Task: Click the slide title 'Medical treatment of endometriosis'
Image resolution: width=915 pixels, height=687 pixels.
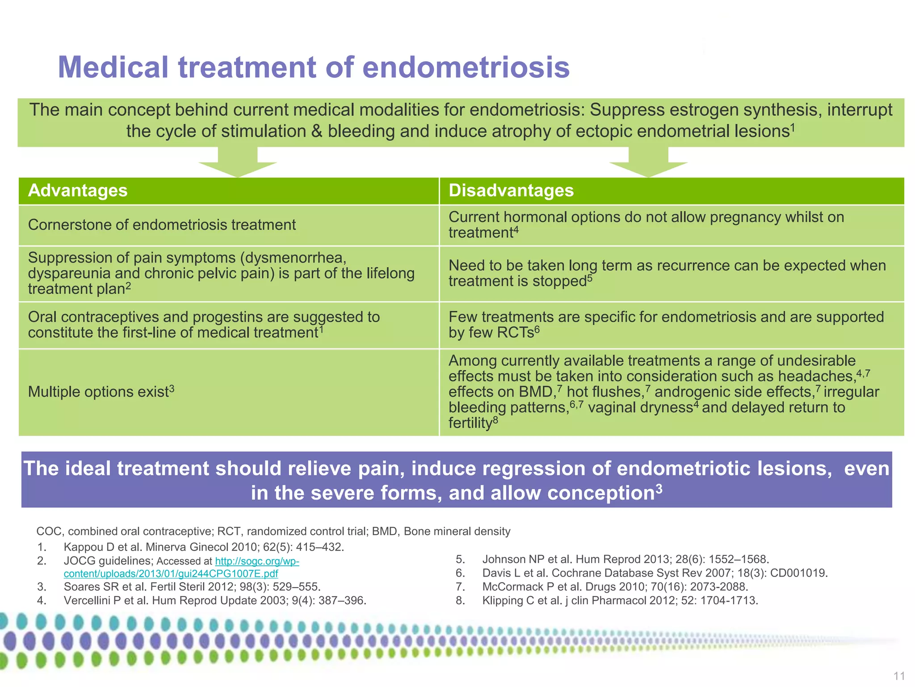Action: tap(314, 67)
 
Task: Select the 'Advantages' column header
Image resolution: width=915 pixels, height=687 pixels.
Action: tap(78, 191)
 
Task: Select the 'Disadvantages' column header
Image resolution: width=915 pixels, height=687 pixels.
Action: tap(511, 191)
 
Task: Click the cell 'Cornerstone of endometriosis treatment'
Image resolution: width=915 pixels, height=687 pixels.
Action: tap(162, 225)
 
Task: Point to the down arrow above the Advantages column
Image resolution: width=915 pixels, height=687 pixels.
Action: tap(238, 164)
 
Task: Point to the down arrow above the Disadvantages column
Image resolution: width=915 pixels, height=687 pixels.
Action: tap(648, 164)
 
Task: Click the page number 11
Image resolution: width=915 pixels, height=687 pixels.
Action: tap(899, 676)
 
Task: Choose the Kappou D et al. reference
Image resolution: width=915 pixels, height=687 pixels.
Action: tap(204, 547)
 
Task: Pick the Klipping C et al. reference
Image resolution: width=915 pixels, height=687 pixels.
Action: tap(620, 600)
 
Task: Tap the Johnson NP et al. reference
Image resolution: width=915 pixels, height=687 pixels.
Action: tap(625, 559)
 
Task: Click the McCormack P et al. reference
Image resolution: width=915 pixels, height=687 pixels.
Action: tap(615, 586)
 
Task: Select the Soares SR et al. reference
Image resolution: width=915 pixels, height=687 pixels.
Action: tap(192, 586)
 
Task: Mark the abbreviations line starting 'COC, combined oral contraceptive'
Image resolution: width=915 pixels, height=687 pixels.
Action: tap(273, 531)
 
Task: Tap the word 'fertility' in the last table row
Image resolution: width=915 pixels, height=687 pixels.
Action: tap(470, 423)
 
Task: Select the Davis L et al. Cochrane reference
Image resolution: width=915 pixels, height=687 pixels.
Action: tap(655, 573)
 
